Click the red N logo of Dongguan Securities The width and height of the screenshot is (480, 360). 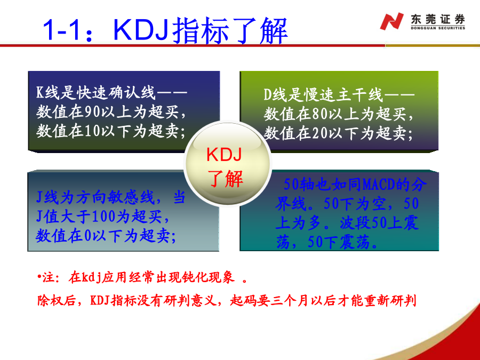pyautogui.click(x=391, y=21)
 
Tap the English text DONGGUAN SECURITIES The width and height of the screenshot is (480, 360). pyautogui.click(x=438, y=28)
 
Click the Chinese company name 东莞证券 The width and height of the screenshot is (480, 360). pyautogui.click(x=438, y=19)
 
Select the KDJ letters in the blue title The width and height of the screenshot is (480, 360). pyautogui.click(x=141, y=30)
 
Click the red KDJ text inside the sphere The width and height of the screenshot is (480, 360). pyautogui.click(x=225, y=154)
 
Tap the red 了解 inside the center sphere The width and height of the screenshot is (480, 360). pyautogui.click(x=225, y=179)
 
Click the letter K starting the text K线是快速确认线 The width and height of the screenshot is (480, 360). pyautogui.click(x=40, y=92)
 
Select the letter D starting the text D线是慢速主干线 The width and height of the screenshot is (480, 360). pyautogui.click(x=268, y=95)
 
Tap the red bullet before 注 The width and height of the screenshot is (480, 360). pyautogui.click(x=39, y=276)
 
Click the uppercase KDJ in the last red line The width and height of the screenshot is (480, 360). pyautogui.click(x=100, y=300)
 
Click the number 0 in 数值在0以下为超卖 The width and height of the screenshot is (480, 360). pyautogui.click(x=88, y=236)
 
